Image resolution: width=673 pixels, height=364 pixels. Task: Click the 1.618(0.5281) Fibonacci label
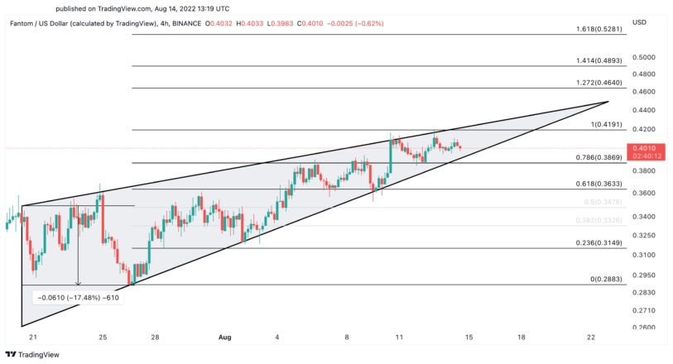599,29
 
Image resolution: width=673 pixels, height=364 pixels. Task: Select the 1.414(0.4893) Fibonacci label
599,60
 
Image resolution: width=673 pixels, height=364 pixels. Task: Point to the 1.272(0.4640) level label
599,83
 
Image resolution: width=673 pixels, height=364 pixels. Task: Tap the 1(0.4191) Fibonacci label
606,124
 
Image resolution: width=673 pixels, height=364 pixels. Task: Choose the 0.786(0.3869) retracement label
599,157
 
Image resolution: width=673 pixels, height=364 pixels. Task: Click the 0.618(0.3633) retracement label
599,184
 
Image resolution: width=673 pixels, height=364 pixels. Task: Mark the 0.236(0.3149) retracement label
599,242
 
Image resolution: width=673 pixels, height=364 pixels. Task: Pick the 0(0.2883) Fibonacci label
606,279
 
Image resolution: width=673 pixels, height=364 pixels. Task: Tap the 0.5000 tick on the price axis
643,57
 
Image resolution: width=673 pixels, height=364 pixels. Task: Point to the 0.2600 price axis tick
643,328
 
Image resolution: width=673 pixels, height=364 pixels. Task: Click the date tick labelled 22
590,338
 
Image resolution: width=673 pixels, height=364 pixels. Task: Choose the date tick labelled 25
103,338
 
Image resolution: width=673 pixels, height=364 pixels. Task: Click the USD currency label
639,22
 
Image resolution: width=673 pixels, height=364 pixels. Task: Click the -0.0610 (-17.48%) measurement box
79,297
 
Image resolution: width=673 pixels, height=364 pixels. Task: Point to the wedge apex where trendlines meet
608,102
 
